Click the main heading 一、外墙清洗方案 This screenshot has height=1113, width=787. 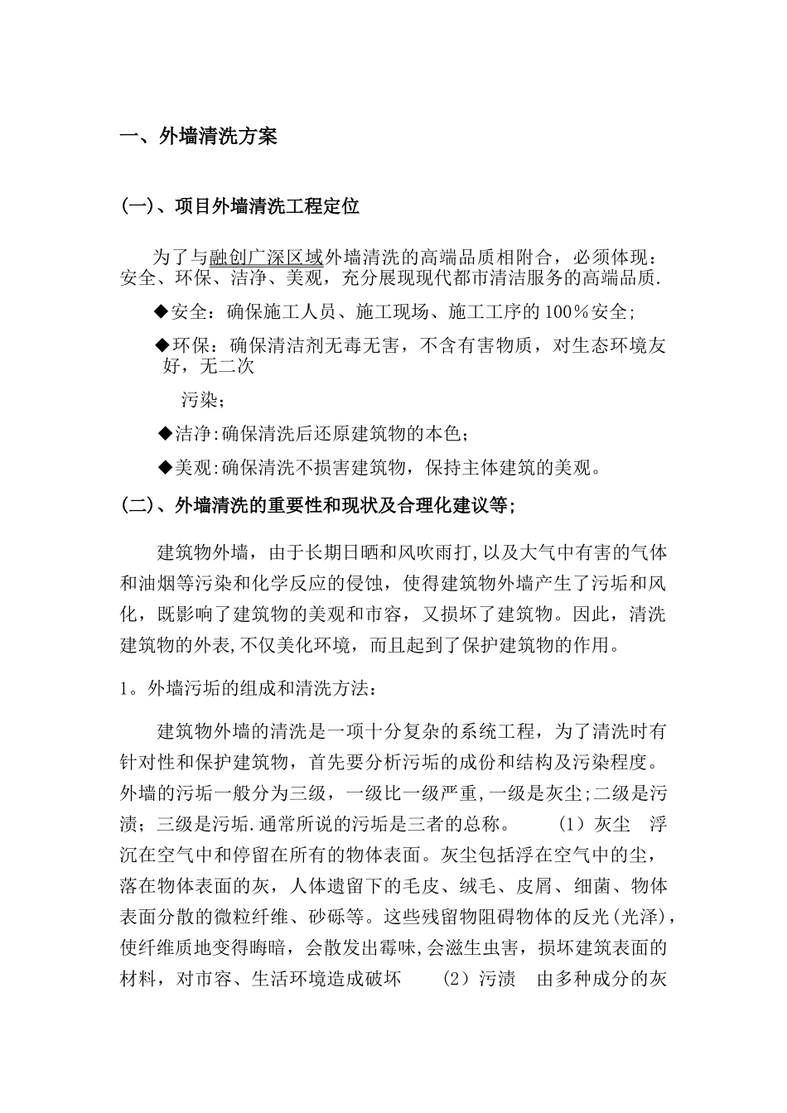coord(199,137)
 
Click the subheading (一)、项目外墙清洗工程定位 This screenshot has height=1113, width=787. coord(240,206)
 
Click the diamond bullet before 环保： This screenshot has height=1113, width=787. coord(162,344)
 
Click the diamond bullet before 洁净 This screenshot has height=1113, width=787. coord(163,434)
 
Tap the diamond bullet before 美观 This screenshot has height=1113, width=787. coord(163,468)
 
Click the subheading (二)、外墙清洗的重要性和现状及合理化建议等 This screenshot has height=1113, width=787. coord(317,505)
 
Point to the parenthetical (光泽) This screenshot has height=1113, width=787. coord(641,918)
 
